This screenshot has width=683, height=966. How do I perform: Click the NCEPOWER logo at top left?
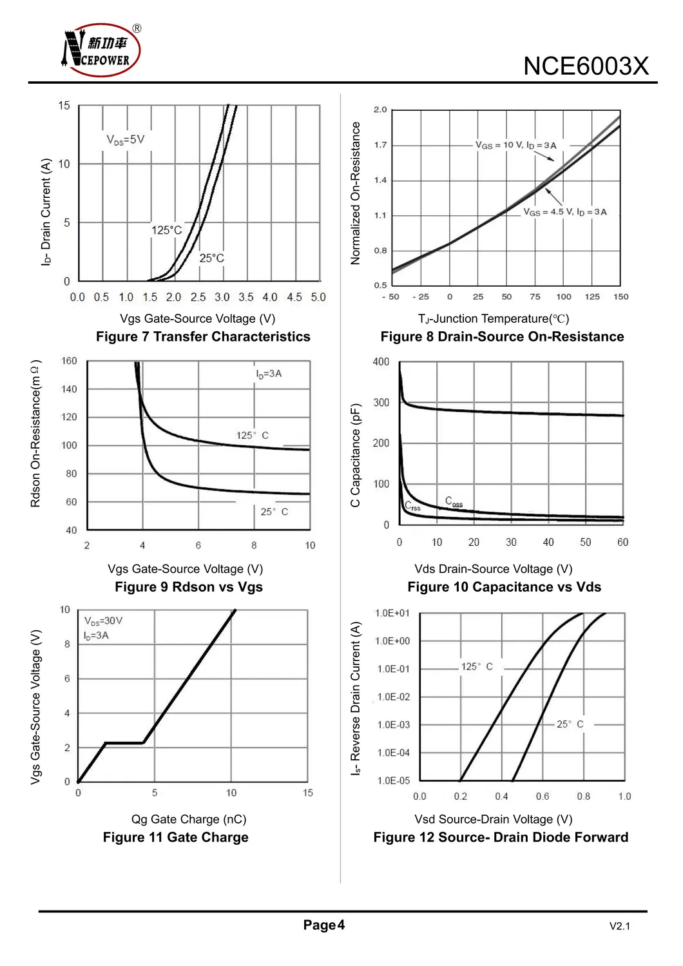(x=101, y=50)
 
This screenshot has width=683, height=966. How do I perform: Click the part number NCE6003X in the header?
(x=585, y=66)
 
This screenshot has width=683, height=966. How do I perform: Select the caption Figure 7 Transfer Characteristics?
(x=203, y=336)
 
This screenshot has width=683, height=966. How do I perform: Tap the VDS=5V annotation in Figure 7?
(x=126, y=140)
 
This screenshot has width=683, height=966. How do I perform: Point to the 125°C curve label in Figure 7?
(x=167, y=230)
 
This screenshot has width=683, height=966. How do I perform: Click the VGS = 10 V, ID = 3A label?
(x=515, y=145)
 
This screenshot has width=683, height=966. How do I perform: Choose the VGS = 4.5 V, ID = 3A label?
(x=564, y=212)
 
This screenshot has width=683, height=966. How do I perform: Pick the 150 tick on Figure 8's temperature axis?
(x=620, y=297)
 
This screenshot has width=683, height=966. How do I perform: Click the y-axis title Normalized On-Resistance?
(x=356, y=193)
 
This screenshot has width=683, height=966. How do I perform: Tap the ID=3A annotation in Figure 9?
(x=269, y=374)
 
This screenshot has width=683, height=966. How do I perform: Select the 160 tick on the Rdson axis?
(x=69, y=361)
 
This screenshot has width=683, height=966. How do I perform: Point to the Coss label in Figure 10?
(x=454, y=502)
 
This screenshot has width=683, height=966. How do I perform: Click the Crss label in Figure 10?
(x=412, y=507)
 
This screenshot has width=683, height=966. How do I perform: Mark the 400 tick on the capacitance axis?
(x=381, y=362)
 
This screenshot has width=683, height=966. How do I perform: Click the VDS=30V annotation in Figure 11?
(x=103, y=621)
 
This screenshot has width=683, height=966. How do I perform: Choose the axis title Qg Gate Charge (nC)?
(x=189, y=819)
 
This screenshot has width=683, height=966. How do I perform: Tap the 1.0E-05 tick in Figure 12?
(x=393, y=780)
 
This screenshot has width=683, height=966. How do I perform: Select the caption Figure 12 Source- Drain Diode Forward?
(x=501, y=837)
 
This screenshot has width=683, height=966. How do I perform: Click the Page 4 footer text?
(x=323, y=925)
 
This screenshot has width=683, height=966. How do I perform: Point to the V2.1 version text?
(x=619, y=926)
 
